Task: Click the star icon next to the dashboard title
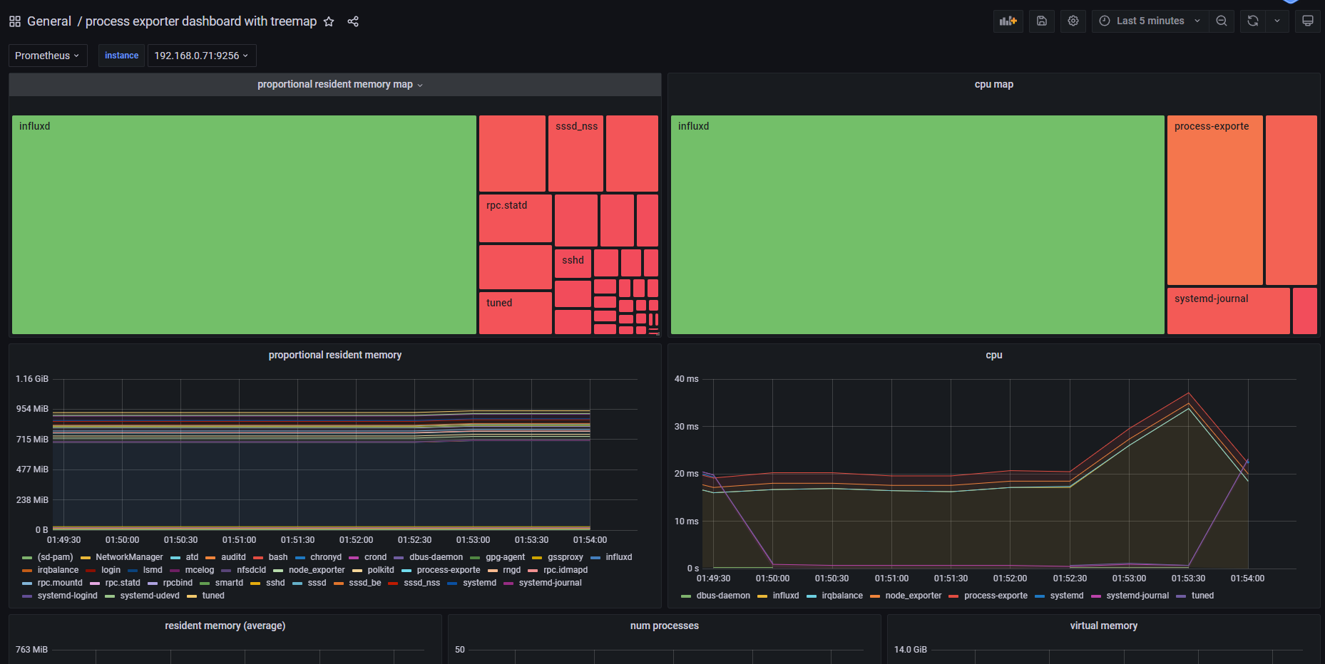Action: click(329, 21)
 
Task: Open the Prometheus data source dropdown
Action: click(47, 56)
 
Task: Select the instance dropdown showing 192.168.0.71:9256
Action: click(201, 56)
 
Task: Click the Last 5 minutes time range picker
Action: click(1150, 21)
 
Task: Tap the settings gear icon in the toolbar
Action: click(1073, 21)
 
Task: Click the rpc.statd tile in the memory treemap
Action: click(515, 218)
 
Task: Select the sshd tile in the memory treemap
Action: click(573, 264)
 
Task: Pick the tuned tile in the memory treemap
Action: click(515, 312)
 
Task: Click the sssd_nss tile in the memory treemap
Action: click(575, 153)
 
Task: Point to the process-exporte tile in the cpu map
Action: click(1214, 199)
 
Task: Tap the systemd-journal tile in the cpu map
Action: click(1227, 311)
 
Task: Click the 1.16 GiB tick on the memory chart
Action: click(32, 379)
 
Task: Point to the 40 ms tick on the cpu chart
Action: click(686, 379)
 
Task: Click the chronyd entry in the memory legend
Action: click(325, 557)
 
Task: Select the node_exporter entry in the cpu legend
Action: click(913, 596)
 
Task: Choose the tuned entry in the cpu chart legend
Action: click(1202, 596)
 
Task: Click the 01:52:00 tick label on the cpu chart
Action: click(1010, 579)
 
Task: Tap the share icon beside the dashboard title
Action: click(353, 21)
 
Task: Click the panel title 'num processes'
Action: click(664, 626)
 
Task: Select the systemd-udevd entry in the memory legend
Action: click(149, 596)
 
